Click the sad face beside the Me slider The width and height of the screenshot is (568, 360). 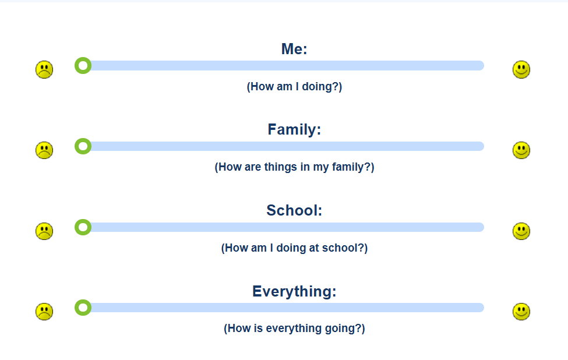click(44, 69)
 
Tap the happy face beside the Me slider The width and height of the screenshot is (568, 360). click(521, 69)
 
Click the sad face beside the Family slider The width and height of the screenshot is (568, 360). click(44, 150)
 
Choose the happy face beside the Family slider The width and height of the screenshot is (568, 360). click(521, 150)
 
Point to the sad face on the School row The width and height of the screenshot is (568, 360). click(44, 231)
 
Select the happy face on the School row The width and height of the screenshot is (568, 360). click(521, 231)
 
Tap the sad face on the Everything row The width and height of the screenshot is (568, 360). click(44, 312)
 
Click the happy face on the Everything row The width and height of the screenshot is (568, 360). click(521, 312)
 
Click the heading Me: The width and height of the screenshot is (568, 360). click(294, 49)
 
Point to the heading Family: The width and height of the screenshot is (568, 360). click(294, 130)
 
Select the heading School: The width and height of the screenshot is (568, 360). click(294, 210)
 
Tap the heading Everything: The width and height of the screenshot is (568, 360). click(294, 291)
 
